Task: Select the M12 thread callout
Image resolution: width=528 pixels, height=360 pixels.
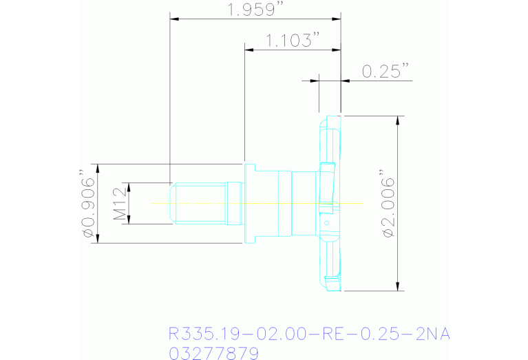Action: point(119,204)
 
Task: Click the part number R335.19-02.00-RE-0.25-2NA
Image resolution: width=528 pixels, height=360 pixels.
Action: point(309,334)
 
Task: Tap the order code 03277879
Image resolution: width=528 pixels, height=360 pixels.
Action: point(213,353)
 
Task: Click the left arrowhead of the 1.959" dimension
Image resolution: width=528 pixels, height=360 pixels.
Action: point(174,19)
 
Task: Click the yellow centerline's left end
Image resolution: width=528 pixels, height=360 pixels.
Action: point(152,204)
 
